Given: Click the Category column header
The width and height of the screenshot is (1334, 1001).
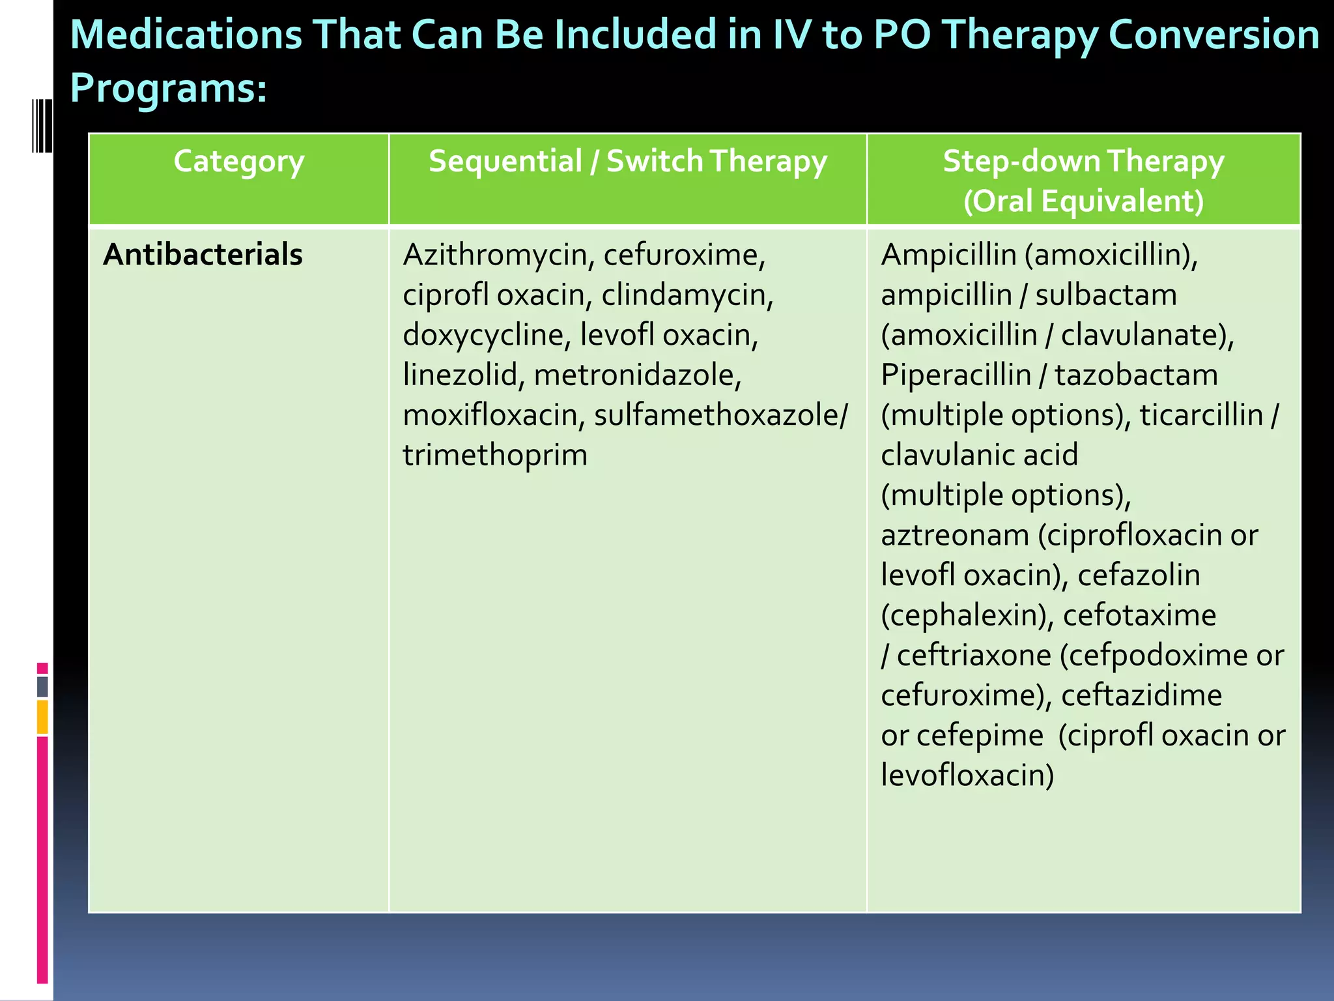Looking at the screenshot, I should (238, 162).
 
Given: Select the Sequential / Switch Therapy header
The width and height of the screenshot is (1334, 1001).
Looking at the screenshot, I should (627, 162).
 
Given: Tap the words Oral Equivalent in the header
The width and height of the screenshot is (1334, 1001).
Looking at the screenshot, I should (1083, 201).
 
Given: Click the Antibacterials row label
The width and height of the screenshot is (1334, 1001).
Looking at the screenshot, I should (203, 255).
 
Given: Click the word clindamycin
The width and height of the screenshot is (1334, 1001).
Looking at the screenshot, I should (687, 295).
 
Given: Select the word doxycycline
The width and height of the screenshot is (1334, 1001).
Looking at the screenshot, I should (483, 335).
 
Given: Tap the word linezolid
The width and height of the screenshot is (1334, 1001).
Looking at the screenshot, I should (459, 375).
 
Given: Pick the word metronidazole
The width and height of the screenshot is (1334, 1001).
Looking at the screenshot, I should (637, 375).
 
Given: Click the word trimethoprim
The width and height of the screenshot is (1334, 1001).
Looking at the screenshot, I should (495, 456).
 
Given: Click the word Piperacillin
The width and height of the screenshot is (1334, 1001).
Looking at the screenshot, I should (956, 375).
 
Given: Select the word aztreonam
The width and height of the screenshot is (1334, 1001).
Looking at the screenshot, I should (954, 536).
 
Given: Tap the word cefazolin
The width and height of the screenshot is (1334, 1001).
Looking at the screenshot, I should (1138, 575).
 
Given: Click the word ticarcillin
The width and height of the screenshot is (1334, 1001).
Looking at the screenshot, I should (1200, 416).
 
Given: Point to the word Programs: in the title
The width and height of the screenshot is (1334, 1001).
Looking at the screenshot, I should (168, 88).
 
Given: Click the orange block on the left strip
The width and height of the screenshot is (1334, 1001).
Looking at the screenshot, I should (42, 717).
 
